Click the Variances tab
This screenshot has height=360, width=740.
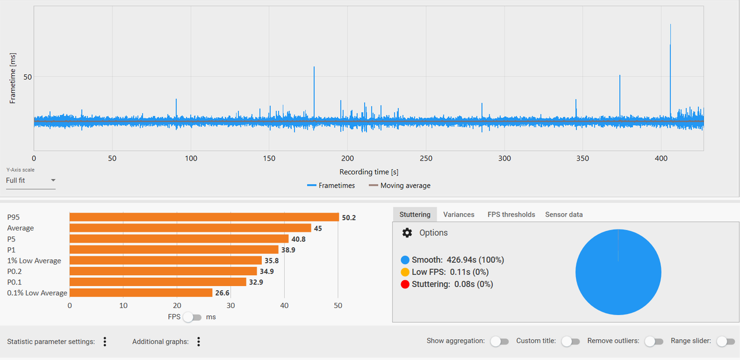point(458,214)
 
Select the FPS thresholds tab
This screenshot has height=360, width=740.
point(511,214)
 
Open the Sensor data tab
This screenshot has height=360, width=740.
point(564,214)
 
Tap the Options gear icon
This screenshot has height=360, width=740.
point(407,233)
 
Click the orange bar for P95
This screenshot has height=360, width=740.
point(204,217)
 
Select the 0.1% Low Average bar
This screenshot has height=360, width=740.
point(141,292)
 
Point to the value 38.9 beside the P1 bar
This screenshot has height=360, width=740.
point(288,250)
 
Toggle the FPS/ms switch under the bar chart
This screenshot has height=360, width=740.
point(193,317)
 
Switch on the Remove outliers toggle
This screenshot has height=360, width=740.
point(654,341)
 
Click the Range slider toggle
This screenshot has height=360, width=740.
point(726,341)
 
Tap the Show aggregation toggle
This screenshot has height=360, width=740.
point(499,341)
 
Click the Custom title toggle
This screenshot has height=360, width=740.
point(571,341)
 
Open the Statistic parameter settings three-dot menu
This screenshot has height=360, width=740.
point(105,342)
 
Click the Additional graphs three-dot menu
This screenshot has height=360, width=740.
point(198,342)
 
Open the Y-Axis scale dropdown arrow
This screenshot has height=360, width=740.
point(53,180)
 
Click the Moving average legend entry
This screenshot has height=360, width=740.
point(399,185)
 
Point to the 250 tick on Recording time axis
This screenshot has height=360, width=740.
point(426,158)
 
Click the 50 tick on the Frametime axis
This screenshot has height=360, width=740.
point(27,77)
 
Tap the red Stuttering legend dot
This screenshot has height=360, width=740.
point(405,284)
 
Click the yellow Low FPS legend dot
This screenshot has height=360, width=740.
point(405,272)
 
